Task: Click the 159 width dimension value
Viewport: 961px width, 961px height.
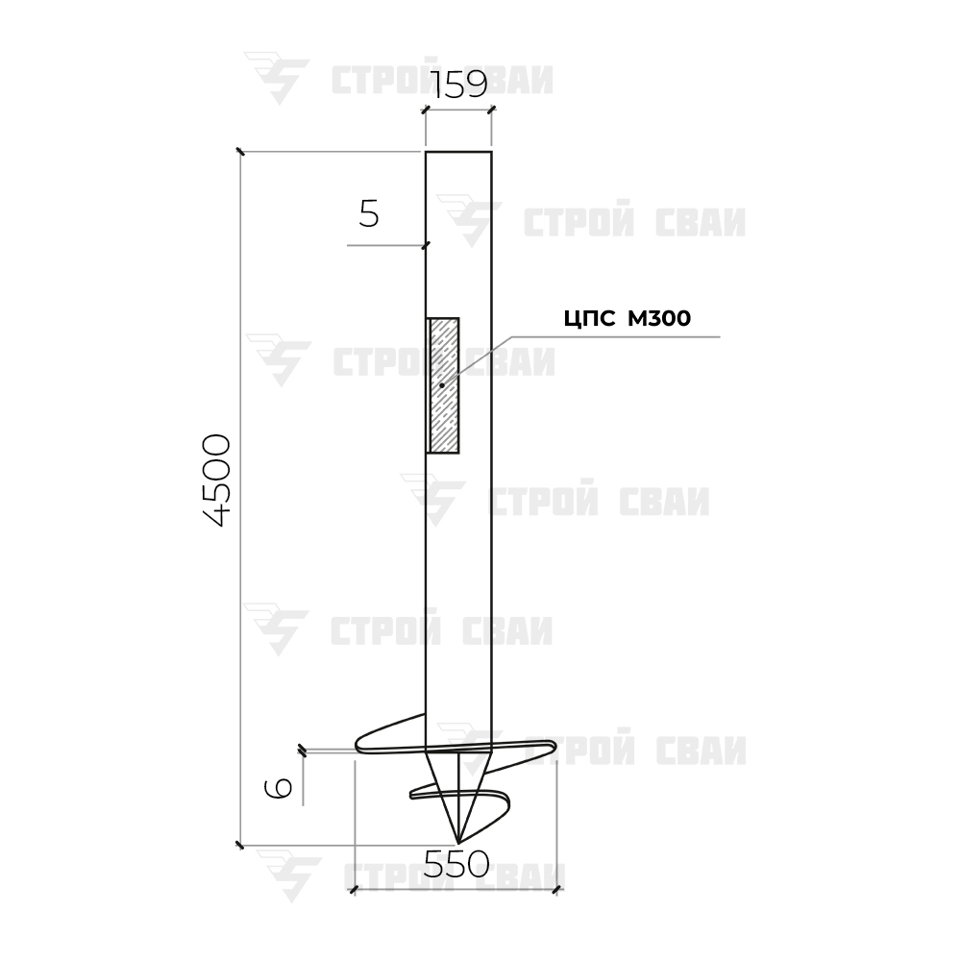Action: coord(459,85)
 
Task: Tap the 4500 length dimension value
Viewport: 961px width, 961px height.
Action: coord(217,480)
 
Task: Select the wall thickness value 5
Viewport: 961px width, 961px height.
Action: coord(369,214)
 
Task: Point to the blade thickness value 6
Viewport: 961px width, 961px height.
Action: coord(279,788)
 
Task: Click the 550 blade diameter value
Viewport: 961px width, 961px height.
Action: coord(456,865)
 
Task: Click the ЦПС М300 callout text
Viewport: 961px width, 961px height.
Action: coord(627,319)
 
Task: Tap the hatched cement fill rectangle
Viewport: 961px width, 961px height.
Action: coord(443,385)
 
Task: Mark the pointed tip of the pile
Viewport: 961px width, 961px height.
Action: coord(458,843)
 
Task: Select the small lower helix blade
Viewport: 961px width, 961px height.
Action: coord(459,799)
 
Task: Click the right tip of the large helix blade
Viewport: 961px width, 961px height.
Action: coord(554,746)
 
